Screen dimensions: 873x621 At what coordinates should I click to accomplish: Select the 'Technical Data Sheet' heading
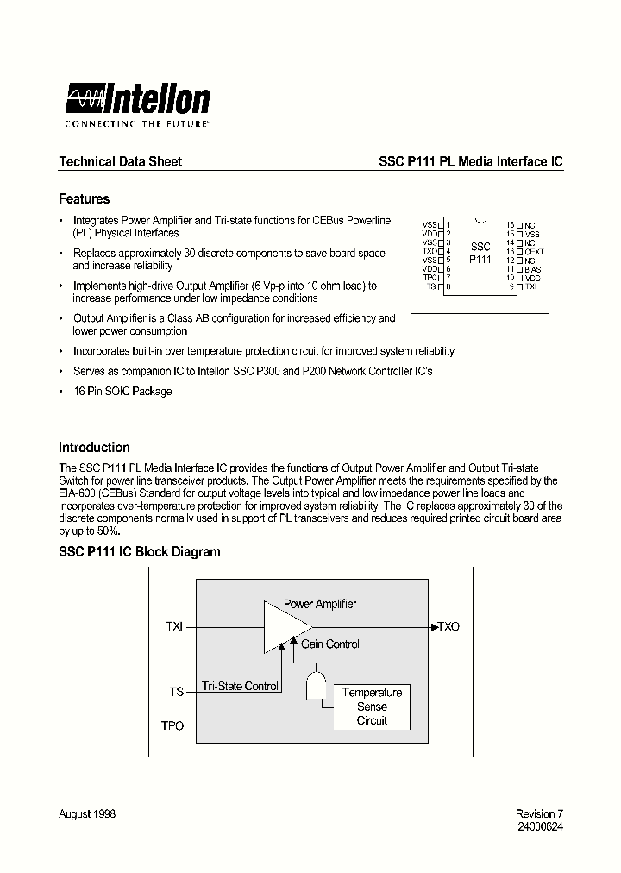tap(120, 161)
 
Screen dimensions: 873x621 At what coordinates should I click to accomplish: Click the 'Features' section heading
tap(84, 199)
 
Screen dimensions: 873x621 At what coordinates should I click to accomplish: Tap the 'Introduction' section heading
tap(94, 448)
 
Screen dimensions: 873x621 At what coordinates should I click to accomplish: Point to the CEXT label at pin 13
tap(534, 252)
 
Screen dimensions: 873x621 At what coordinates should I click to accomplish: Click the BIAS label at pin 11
tap(533, 269)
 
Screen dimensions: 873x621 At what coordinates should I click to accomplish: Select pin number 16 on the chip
tap(511, 224)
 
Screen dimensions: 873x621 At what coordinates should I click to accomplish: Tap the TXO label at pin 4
tap(430, 251)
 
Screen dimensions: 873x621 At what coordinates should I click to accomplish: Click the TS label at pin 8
tap(433, 286)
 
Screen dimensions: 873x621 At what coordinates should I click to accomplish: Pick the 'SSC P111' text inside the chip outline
tap(480, 253)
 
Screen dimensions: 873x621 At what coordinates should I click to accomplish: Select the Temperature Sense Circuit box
tap(372, 707)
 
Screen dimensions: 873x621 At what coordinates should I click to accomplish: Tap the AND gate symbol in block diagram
tap(315, 688)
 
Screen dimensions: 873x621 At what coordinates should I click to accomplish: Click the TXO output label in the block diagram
tap(448, 626)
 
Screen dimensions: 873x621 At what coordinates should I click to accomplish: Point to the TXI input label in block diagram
tap(174, 627)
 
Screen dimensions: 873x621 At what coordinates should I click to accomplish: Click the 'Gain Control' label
tap(329, 644)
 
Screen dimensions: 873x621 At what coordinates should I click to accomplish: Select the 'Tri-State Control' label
tap(240, 687)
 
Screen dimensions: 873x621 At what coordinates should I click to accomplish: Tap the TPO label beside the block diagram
tap(172, 726)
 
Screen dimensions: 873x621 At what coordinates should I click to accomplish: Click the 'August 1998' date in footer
tap(87, 814)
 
